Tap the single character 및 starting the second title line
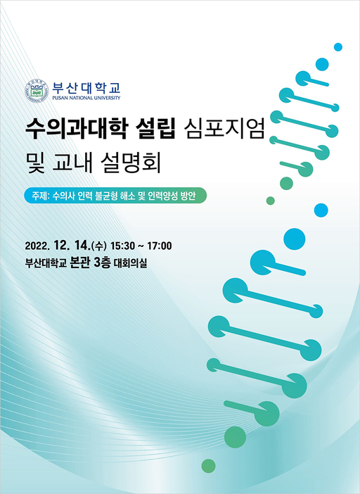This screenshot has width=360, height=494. point(33,162)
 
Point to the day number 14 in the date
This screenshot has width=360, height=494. point(80,246)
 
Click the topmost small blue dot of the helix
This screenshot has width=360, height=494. point(337,47)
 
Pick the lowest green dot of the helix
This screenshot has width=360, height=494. point(208,465)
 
